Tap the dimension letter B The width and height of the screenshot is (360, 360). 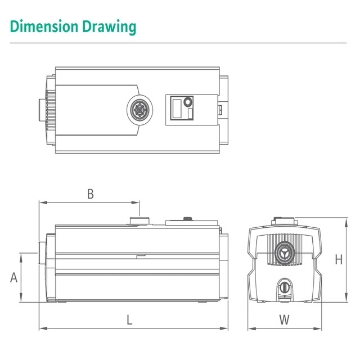coord(91,192)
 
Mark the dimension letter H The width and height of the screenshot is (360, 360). coord(340,258)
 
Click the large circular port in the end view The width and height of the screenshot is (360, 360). coord(285,246)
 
